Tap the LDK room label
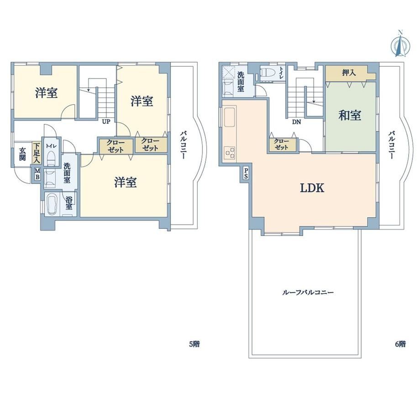click(312, 188)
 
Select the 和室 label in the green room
click(350, 115)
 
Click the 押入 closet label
click(349, 72)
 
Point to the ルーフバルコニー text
click(308, 292)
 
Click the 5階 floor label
click(194, 344)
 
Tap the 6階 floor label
click(400, 344)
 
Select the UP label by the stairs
click(106, 122)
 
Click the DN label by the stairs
click(297, 122)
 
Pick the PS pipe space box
click(246, 173)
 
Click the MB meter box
click(37, 174)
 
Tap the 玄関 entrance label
click(22, 154)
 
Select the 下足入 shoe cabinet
click(37, 153)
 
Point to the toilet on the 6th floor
click(268, 72)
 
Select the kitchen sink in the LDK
click(230, 117)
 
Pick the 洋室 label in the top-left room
click(47, 93)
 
